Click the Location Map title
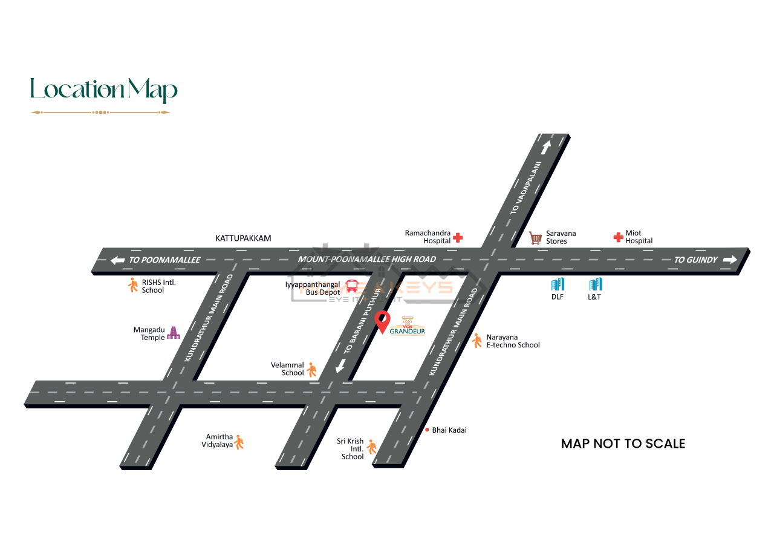pos(103,90)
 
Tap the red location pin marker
pos(383,321)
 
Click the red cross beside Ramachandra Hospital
pos(458,237)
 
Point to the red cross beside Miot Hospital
pos(618,237)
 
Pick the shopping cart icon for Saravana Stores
pos(535,238)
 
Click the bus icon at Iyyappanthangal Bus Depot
pos(351,286)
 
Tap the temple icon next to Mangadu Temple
pos(174,332)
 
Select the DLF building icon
pos(557,284)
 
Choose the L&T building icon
pos(595,284)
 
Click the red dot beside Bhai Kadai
pos(426,430)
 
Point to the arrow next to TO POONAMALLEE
pos(117,260)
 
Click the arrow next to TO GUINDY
pos(730,260)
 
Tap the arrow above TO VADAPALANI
pos(546,147)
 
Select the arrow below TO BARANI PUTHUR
pos(340,365)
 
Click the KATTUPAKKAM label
pos(243,238)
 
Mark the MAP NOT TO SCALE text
pos(623,444)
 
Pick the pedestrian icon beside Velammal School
pos(312,369)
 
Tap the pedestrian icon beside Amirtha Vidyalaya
pos(239,442)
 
